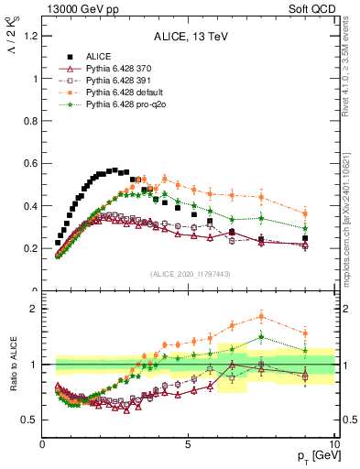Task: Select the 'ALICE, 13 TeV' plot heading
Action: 190,38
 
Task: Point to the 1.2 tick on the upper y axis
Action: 30,36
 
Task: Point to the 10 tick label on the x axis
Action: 333,443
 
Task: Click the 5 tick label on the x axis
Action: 188,443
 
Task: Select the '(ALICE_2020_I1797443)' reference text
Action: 190,274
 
